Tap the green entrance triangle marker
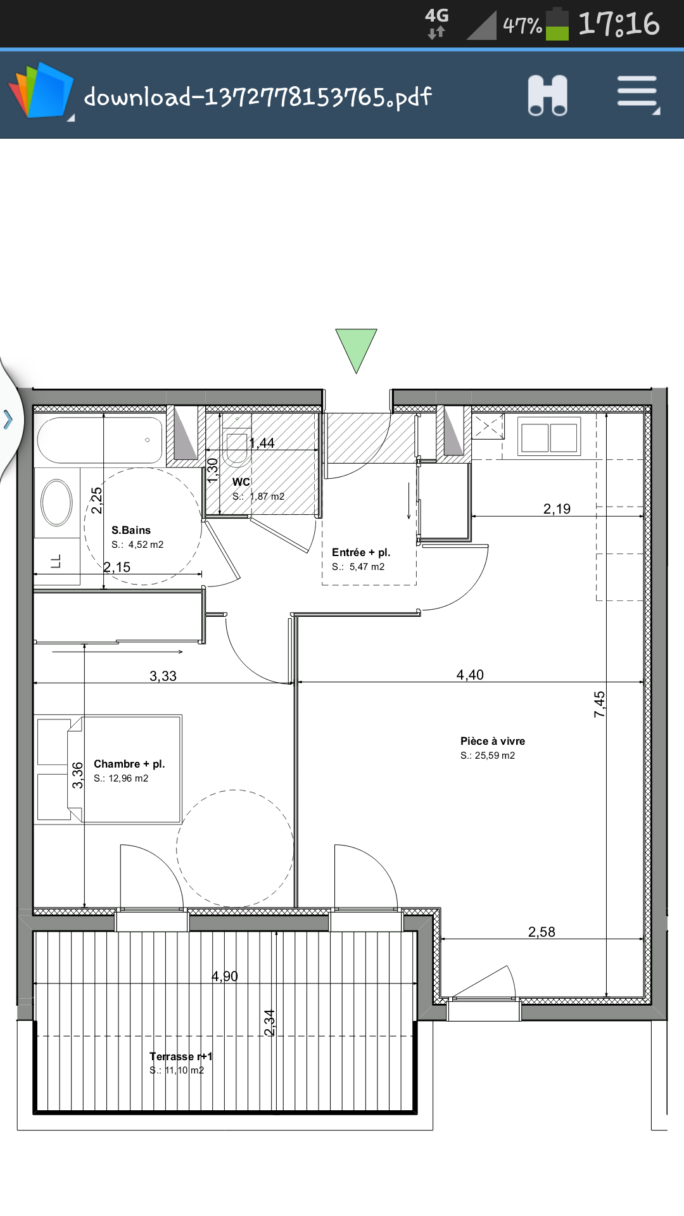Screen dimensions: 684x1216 356,347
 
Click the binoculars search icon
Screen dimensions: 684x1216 548,96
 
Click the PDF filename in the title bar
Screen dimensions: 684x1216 258,97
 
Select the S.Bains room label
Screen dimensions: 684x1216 131,530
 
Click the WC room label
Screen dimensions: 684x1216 241,482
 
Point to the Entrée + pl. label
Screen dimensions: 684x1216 361,552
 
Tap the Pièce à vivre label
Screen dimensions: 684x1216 493,741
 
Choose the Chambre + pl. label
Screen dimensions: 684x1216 129,764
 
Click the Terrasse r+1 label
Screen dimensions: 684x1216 181,1056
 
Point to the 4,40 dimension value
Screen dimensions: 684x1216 470,674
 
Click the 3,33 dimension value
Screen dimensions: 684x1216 163,676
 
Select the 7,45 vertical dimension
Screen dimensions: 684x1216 599,704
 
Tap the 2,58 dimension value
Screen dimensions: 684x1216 541,932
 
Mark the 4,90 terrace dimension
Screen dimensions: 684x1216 225,976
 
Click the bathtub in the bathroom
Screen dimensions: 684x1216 100,440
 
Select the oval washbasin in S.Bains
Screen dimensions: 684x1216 57,503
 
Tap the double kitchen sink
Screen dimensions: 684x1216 549,436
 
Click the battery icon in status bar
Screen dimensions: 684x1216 557,24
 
